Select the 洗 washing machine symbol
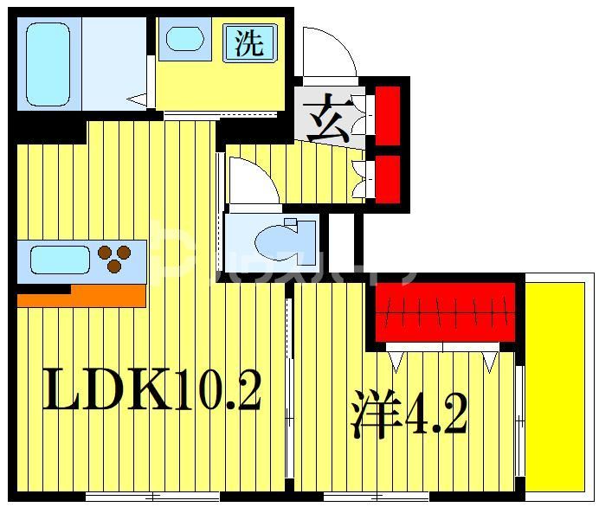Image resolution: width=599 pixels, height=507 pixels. click(249, 42)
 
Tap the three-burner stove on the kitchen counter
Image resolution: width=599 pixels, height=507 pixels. click(114, 259)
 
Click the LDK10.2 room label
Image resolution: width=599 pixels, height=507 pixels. click(151, 392)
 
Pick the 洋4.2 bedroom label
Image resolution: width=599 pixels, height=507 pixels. click(409, 414)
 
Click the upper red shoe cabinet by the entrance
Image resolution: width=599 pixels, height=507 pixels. click(386, 110)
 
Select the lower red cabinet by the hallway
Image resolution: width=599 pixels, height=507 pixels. click(386, 176)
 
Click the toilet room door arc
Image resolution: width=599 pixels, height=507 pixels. click(252, 183)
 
